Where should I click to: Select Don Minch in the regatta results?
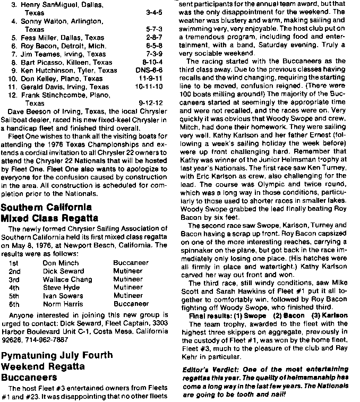coord(59,262)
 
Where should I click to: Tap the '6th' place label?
coord(15,304)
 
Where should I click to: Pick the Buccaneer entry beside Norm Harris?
coord(131,304)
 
